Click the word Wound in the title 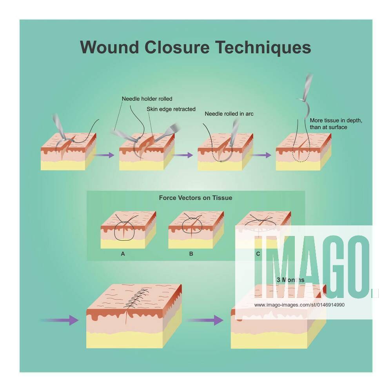click(x=109, y=47)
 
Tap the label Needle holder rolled click(x=147, y=99)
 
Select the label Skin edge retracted click(x=171, y=109)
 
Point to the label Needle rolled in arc click(x=229, y=114)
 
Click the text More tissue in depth click(x=336, y=121)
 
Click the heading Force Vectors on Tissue click(x=195, y=198)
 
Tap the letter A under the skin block click(x=123, y=254)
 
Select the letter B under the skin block click(x=191, y=254)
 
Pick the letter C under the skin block click(x=258, y=254)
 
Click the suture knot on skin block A click(x=124, y=224)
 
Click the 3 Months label click(x=290, y=280)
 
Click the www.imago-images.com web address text click(x=299, y=305)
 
